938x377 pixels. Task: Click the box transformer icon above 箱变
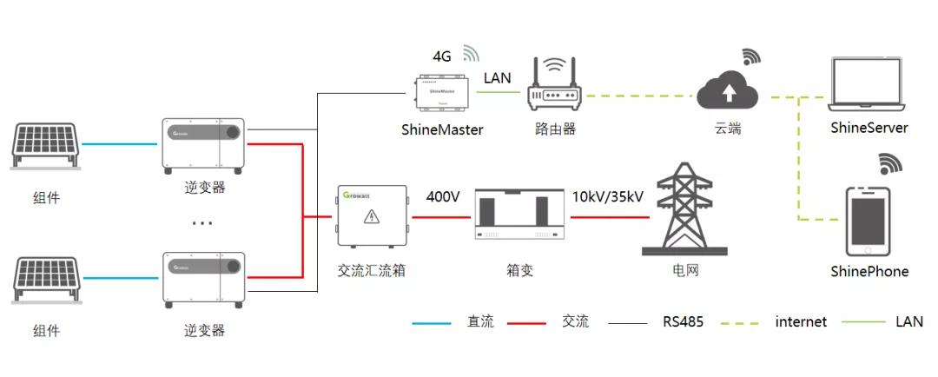517,216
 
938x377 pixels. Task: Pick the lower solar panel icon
46,281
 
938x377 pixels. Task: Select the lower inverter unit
204,278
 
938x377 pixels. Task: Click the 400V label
443,197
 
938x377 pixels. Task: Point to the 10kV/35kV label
608,197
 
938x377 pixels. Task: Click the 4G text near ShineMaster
442,56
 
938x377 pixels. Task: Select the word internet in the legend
801,322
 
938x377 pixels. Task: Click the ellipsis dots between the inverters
202,223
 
